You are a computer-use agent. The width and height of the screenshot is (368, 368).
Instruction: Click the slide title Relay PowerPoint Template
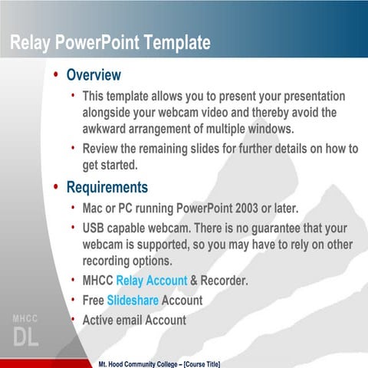110,44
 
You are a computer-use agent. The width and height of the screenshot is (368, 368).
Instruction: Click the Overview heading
94,75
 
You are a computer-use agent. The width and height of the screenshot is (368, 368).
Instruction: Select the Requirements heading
107,187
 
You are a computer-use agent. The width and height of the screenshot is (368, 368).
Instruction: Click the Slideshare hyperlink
133,301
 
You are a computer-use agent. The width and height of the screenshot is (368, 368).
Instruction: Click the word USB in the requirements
95,228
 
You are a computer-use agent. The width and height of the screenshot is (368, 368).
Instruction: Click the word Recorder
225,281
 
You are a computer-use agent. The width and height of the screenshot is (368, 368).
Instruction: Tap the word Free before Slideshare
94,301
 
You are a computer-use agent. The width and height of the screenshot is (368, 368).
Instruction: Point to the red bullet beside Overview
56,76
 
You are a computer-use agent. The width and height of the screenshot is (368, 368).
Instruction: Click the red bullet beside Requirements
56,188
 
